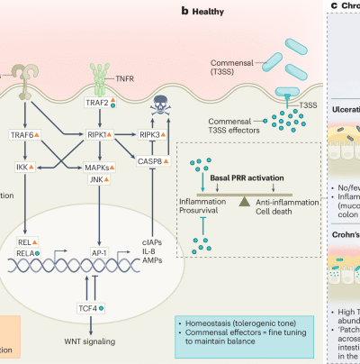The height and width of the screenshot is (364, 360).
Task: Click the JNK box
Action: pos(96,184)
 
